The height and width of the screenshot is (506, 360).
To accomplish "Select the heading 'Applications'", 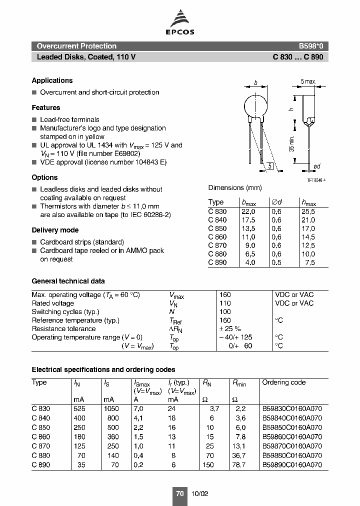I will coord(52,80).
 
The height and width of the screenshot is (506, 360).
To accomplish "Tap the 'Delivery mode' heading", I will coord(55,230).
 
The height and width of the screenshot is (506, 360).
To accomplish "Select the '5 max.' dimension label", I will coord(308,81).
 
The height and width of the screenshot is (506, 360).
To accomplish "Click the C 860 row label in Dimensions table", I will coord(217,237).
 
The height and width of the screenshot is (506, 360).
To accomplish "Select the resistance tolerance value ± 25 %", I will coord(230,329).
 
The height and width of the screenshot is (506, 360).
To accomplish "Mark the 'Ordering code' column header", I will coord(283,382).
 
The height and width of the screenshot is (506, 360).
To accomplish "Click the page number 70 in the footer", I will coord(180,493).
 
